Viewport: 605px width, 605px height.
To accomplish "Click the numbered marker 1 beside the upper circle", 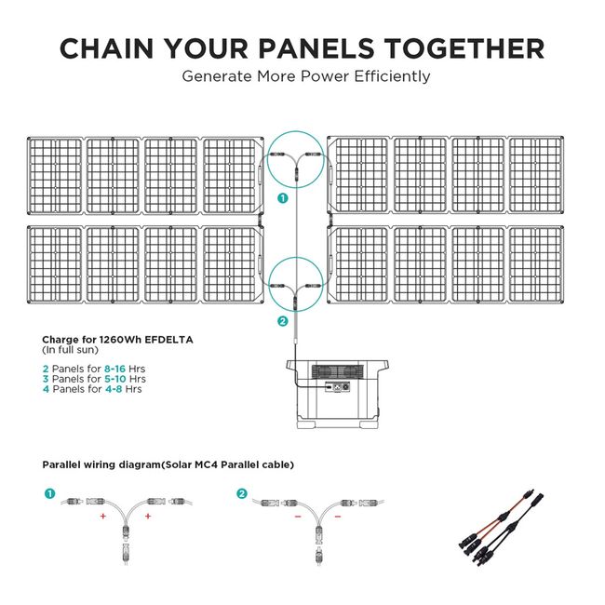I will pos(282,197).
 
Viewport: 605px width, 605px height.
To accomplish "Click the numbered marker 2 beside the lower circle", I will pos(282,321).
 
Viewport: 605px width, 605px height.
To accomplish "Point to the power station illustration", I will pos(334,393).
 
